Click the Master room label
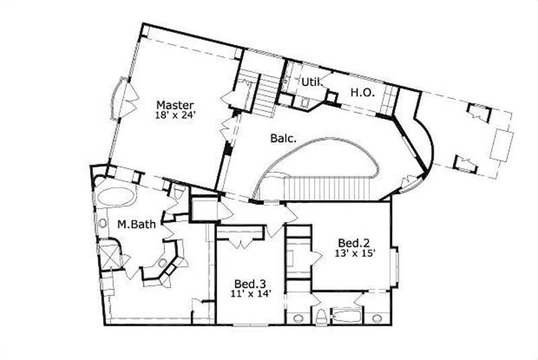176,105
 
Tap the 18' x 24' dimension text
176,115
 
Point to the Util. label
309,82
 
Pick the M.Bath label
132,224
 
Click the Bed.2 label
352,243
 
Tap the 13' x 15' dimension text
354,254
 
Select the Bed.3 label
248,283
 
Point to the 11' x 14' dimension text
249,294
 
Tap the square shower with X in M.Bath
108,256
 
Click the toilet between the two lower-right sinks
321,316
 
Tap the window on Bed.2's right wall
396,266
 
